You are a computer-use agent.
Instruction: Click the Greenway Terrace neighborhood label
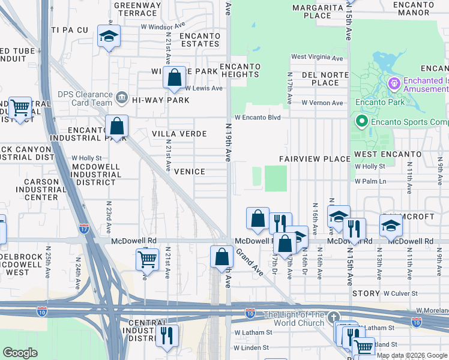pos(138,9)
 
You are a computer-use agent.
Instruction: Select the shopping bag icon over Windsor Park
pos(174,77)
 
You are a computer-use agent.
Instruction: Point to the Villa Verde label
pos(179,134)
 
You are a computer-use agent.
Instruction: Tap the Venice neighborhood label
pos(189,172)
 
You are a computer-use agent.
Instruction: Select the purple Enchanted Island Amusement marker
pos(394,83)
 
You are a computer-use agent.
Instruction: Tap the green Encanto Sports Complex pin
pos(362,122)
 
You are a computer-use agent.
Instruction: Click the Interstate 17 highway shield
pos(83,228)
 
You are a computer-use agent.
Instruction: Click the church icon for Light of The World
pos(334,316)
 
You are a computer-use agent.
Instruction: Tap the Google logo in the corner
pos(20,352)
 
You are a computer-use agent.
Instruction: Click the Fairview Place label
pos(315,159)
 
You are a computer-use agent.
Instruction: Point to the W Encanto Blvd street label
pos(258,118)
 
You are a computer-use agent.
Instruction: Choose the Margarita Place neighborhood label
pos(318,11)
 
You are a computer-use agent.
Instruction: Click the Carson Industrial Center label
pos(41,189)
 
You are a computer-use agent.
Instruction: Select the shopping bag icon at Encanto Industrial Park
pos(116,127)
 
